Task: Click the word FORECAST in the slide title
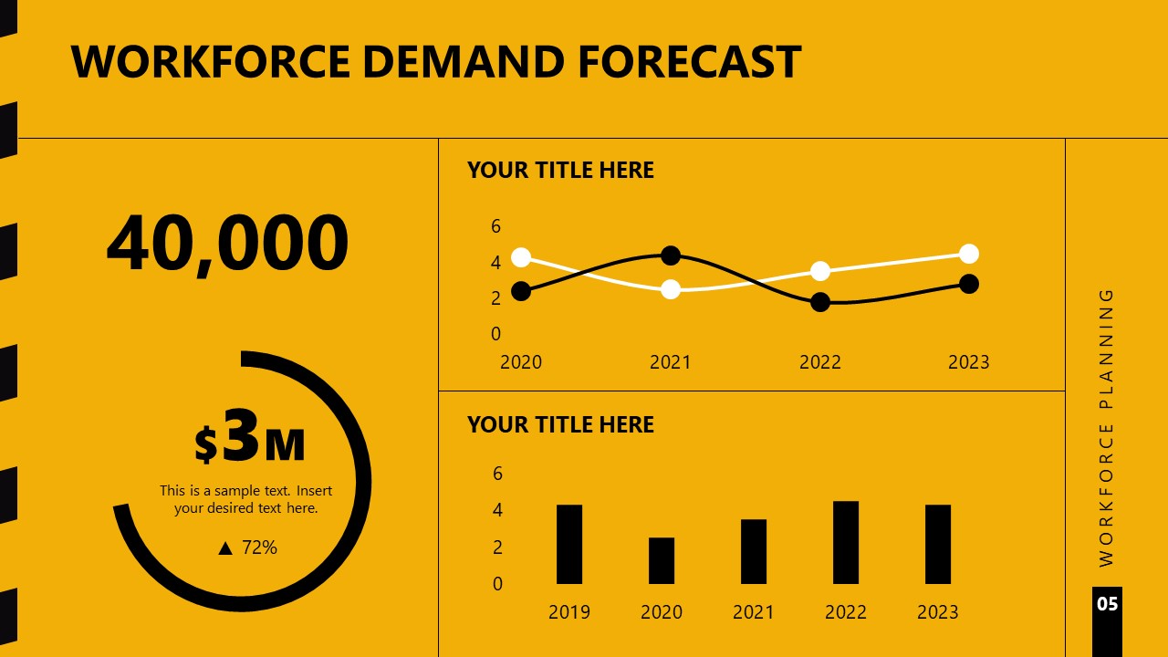pyautogui.click(x=689, y=61)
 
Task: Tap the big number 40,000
pyautogui.click(x=228, y=244)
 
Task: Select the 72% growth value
pyautogui.click(x=259, y=547)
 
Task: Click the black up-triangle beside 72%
pyautogui.click(x=225, y=548)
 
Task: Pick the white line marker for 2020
pyautogui.click(x=521, y=257)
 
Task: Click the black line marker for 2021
pyautogui.click(x=671, y=255)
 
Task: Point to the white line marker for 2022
pyautogui.click(x=820, y=271)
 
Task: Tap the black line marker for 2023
pyautogui.click(x=969, y=284)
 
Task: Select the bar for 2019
pyautogui.click(x=569, y=544)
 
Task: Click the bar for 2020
pyautogui.click(x=662, y=560)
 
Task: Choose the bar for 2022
pyautogui.click(x=846, y=542)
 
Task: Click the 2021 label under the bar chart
pyautogui.click(x=754, y=611)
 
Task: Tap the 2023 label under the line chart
pyautogui.click(x=969, y=362)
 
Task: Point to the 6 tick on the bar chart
pyautogui.click(x=497, y=473)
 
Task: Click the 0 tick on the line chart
pyautogui.click(x=496, y=334)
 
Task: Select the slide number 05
pyautogui.click(x=1107, y=604)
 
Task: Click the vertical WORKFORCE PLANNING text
pyautogui.click(x=1107, y=427)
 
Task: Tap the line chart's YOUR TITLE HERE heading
pyautogui.click(x=560, y=171)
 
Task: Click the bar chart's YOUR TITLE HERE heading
pyautogui.click(x=560, y=424)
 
